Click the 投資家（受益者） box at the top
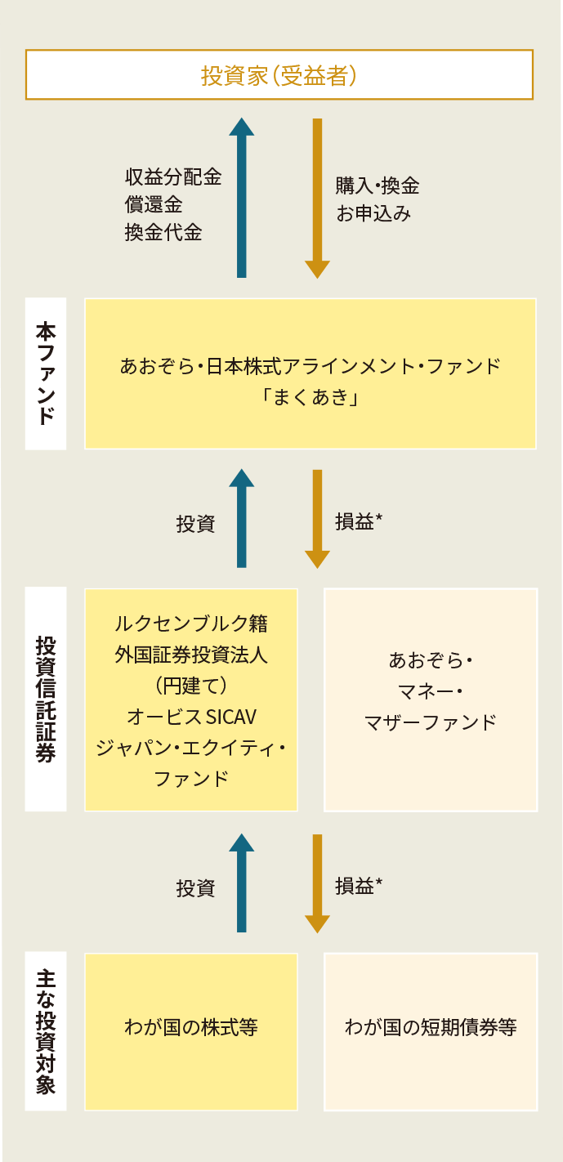pyautogui.click(x=279, y=75)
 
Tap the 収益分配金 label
pyautogui.click(x=173, y=177)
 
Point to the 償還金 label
pyautogui.click(x=154, y=205)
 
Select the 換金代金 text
pyautogui.click(x=163, y=233)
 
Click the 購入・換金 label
pyautogui.click(x=378, y=185)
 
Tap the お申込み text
pyautogui.click(x=373, y=214)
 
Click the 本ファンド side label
pyautogui.click(x=46, y=373)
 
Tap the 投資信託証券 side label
pyautogui.click(x=46, y=699)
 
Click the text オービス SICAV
pyautogui.click(x=192, y=717)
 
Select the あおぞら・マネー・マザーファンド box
pyautogui.click(x=431, y=699)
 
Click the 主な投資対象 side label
pyautogui.click(x=46, y=1031)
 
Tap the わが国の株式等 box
pyautogui.click(x=191, y=1031)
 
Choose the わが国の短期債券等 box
pyautogui.click(x=431, y=1031)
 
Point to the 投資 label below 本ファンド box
pyautogui.click(x=195, y=524)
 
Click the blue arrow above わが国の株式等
pyautogui.click(x=241, y=883)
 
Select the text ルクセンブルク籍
pyautogui.click(x=192, y=623)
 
